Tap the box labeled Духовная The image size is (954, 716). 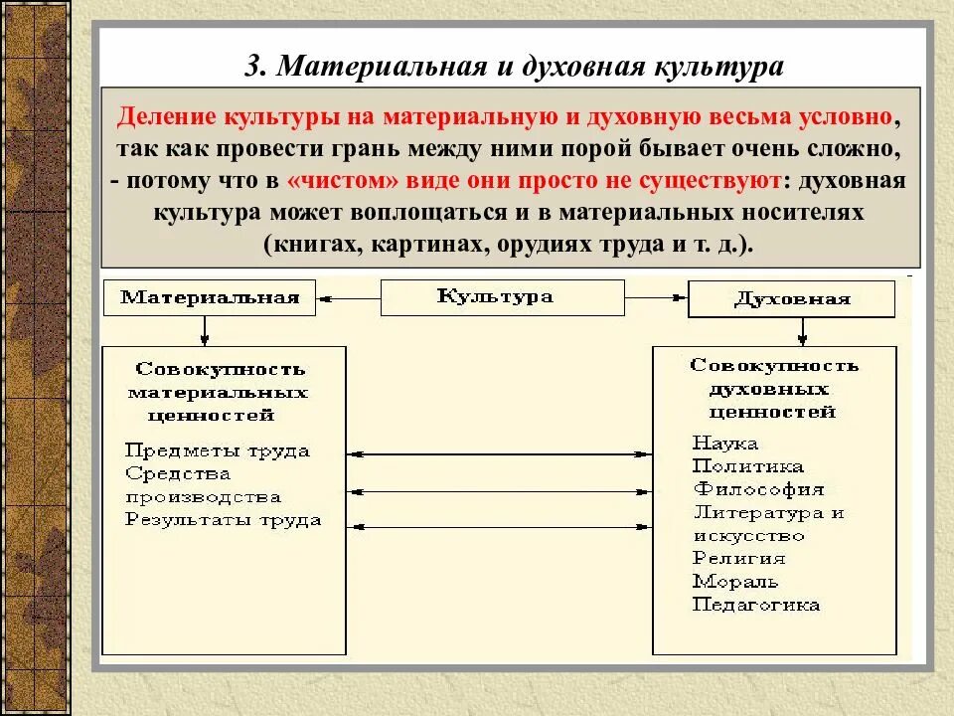point(791,299)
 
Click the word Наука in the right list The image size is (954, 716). point(725,443)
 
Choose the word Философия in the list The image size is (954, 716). point(758,489)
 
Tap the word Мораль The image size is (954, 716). point(735,582)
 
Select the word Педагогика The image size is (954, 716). point(756,605)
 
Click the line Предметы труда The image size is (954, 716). point(218,450)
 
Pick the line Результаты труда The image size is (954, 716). point(224,520)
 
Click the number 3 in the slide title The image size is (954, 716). point(252,67)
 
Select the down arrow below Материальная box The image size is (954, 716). point(205,331)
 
